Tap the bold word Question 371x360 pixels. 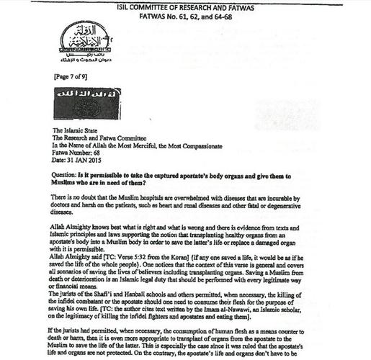(x=59, y=187)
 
